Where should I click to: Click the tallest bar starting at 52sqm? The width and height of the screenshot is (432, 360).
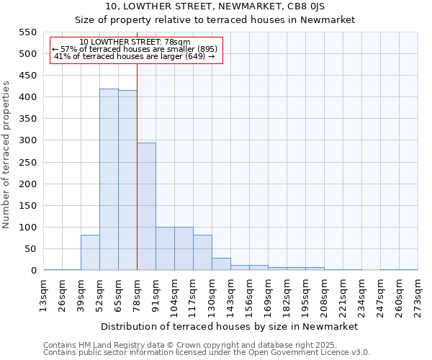coord(109,179)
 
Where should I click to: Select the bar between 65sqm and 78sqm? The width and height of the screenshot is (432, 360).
coord(127,180)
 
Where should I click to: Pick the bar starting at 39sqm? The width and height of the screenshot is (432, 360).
coord(90,253)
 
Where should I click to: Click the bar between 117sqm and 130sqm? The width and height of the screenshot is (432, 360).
coord(202,253)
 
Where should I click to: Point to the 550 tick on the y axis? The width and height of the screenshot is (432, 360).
coord(27,32)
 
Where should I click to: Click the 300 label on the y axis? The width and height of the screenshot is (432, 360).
coord(27,140)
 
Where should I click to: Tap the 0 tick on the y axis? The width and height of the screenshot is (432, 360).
coord(33,271)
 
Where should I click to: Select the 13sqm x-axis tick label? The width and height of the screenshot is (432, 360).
coord(44,293)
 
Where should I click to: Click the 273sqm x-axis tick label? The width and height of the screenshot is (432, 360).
coord(418,293)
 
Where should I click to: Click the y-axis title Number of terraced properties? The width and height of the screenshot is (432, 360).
coord(7,155)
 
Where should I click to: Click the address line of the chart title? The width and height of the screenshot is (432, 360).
coord(215,6)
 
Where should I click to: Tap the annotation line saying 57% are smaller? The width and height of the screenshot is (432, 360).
coord(135,49)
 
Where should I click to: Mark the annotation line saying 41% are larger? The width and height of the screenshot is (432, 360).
coord(135,56)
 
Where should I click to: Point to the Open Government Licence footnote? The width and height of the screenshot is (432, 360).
coord(207,352)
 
